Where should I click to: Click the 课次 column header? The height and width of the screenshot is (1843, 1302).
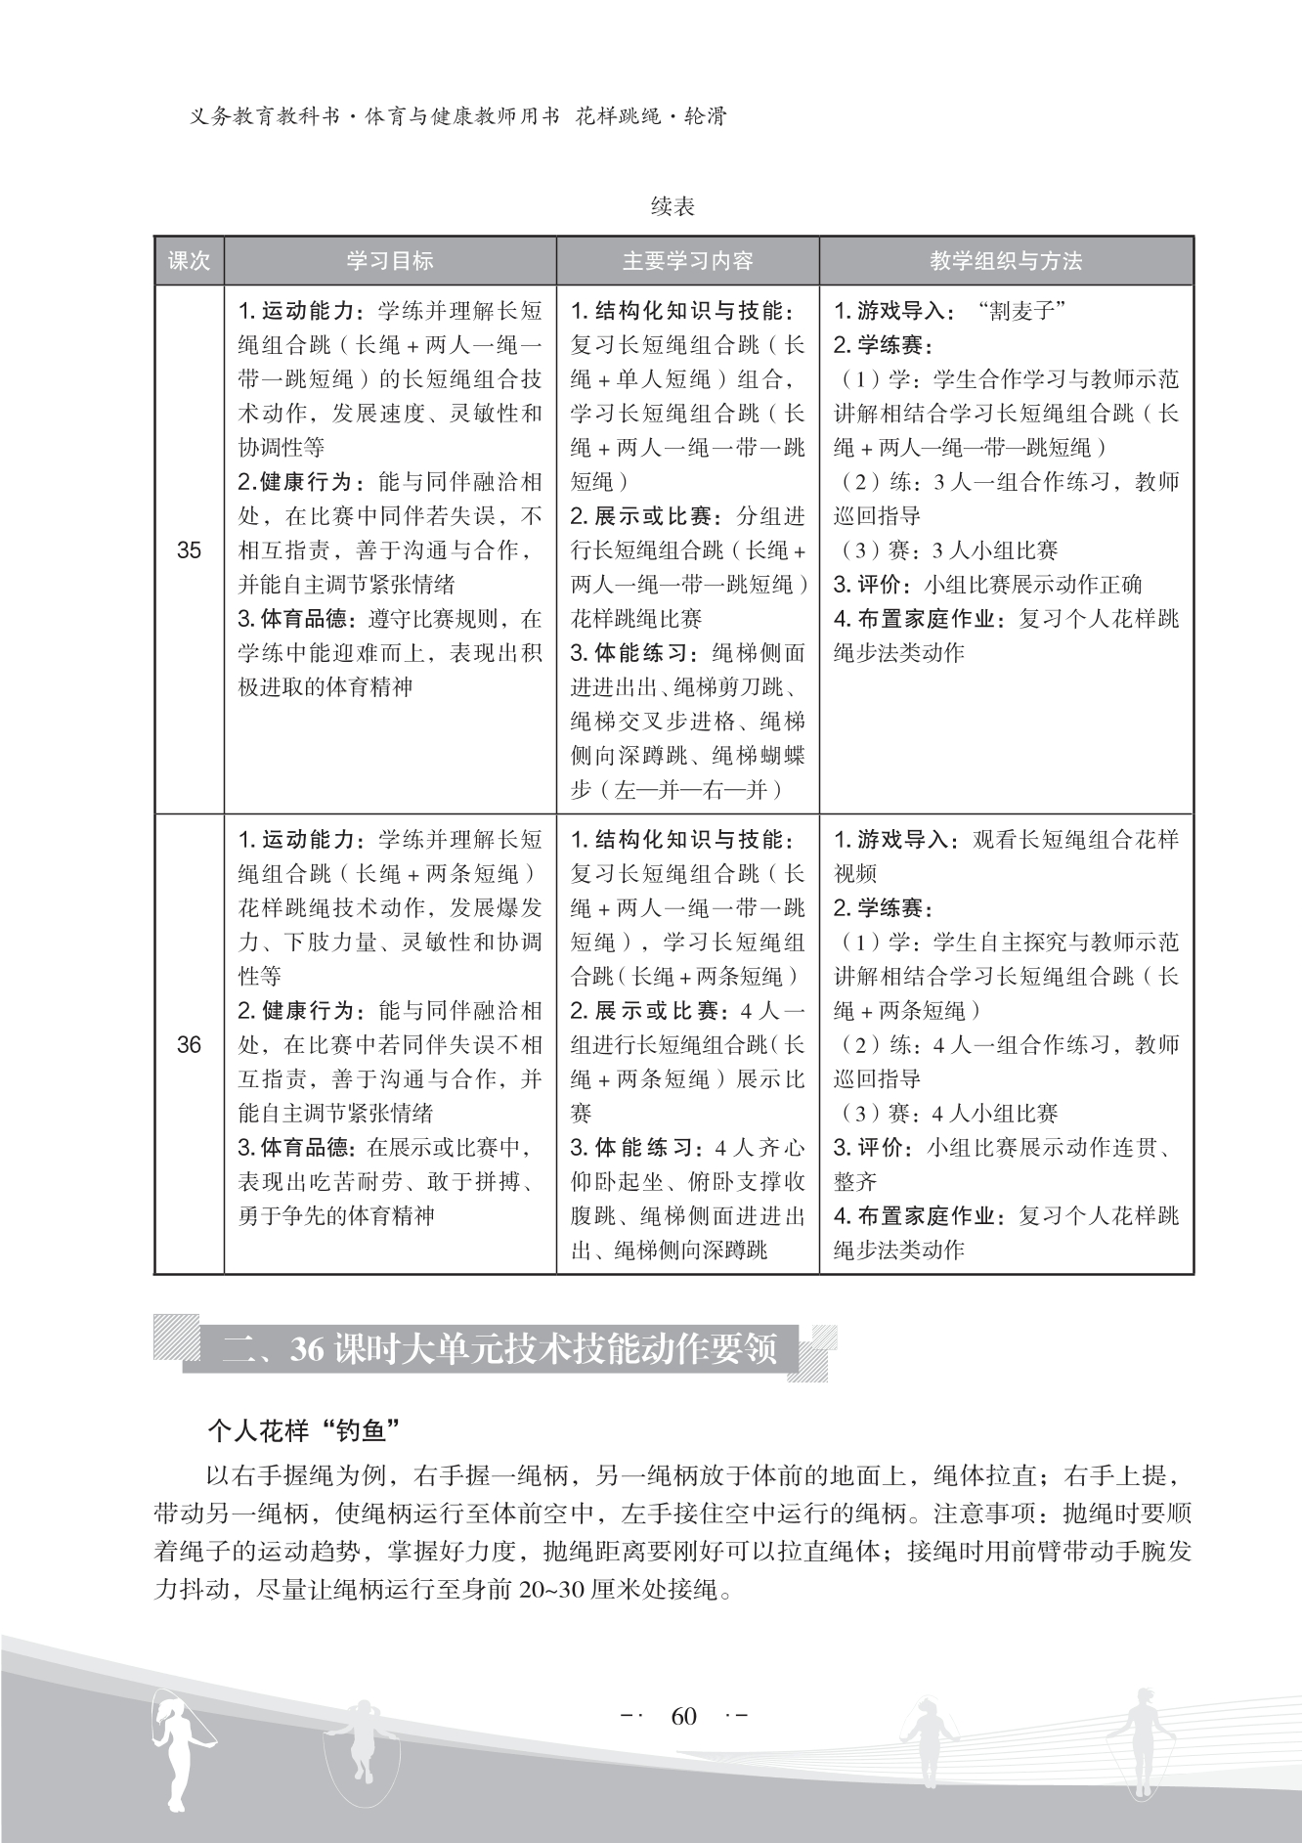click(189, 261)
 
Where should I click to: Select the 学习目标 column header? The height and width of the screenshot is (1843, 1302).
click(390, 261)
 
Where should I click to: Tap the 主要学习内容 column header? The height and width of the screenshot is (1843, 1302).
click(687, 261)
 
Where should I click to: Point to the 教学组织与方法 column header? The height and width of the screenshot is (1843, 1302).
click(1006, 261)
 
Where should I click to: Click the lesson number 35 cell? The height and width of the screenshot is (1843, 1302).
click(189, 550)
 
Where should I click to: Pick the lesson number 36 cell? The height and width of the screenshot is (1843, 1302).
click(189, 1045)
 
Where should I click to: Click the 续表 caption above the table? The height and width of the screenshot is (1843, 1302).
click(673, 207)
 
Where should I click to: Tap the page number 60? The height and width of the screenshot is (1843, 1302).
click(683, 1717)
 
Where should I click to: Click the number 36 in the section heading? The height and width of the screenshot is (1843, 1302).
click(307, 1349)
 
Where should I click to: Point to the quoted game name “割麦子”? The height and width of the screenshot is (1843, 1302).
click(1020, 312)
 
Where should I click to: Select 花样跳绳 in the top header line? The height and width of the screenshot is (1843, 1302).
click(614, 117)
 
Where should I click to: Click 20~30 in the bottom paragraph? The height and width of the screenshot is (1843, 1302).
click(558, 1590)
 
